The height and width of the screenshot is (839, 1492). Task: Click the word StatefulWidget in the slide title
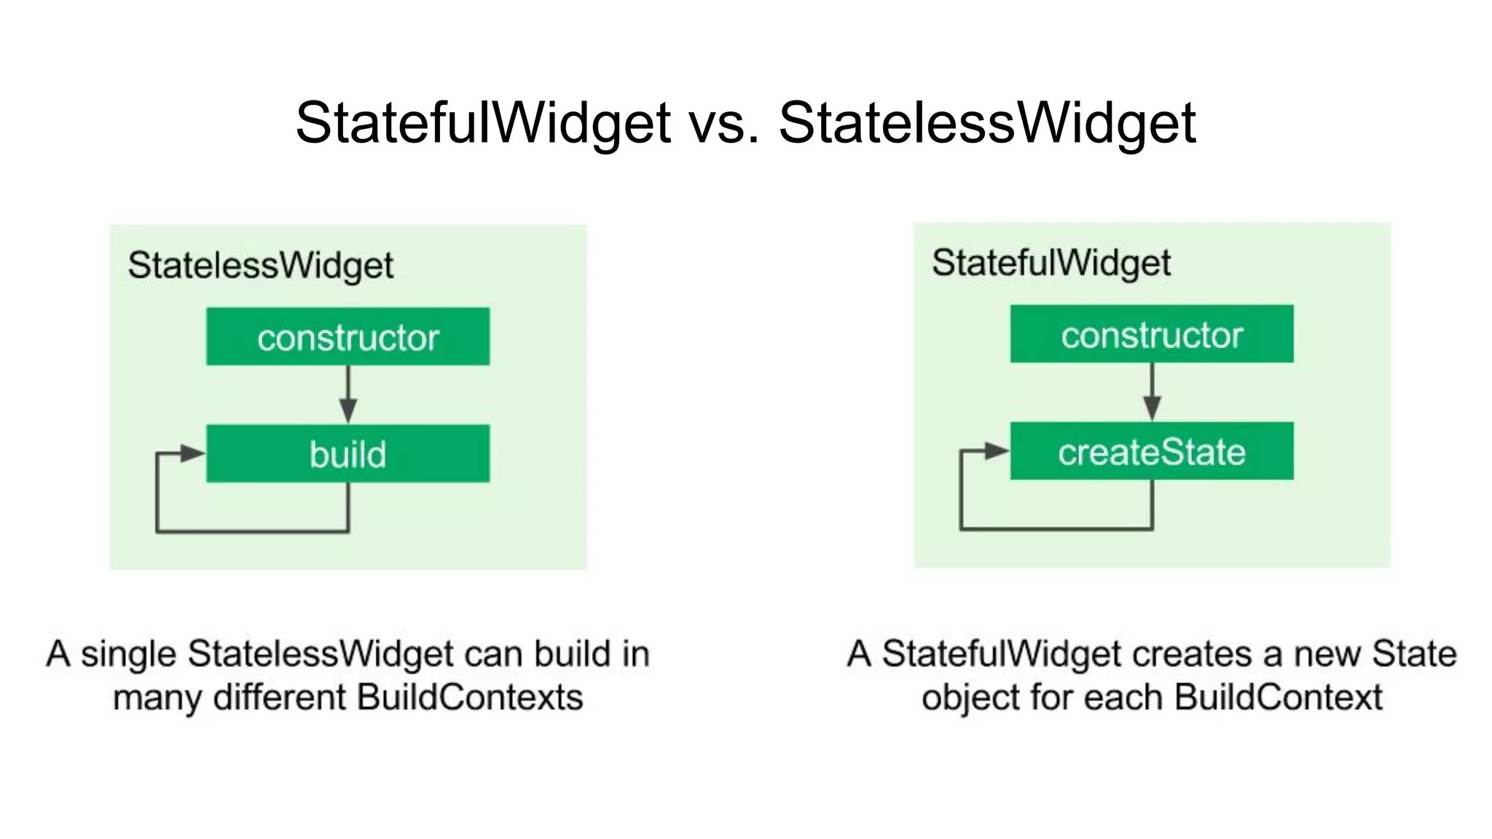pyautogui.click(x=482, y=122)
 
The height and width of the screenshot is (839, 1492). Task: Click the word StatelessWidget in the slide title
pyautogui.click(x=986, y=122)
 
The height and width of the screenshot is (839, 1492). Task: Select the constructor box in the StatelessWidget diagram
pyautogui.click(x=348, y=336)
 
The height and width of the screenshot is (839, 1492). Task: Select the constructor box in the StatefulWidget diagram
pyautogui.click(x=1151, y=334)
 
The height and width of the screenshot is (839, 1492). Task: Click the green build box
pyautogui.click(x=348, y=453)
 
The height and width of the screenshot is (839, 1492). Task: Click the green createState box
pyautogui.click(x=1151, y=451)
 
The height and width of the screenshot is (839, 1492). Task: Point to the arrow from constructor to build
pyautogui.click(x=348, y=394)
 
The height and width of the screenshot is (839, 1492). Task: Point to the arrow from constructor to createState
pyautogui.click(x=1152, y=392)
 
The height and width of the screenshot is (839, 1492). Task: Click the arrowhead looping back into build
pyautogui.click(x=193, y=453)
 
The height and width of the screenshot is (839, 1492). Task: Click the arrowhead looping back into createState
pyautogui.click(x=997, y=451)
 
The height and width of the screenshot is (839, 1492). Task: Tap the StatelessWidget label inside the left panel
pyautogui.click(x=260, y=265)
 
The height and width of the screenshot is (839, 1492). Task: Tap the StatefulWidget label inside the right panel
pyautogui.click(x=1051, y=263)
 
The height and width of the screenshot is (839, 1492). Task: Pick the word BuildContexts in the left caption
pyautogui.click(x=470, y=698)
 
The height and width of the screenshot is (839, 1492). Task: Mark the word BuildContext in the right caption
pyautogui.click(x=1278, y=698)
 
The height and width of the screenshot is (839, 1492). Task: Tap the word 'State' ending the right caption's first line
pyautogui.click(x=1413, y=654)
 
